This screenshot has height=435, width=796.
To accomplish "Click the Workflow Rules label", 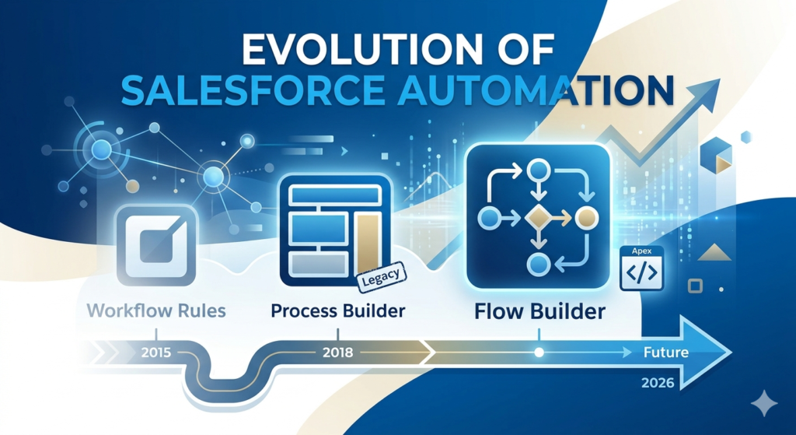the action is tap(156, 310).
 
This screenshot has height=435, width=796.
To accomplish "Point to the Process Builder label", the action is tap(338, 310).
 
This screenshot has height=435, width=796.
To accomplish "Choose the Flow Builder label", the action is tap(539, 311).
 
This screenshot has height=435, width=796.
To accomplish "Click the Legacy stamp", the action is tap(382, 278).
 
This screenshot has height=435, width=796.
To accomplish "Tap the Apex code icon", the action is tap(641, 268).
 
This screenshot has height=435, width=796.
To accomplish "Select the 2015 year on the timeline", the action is tap(156, 352).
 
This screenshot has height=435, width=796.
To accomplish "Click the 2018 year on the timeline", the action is tap(338, 352).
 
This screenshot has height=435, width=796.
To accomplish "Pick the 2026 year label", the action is tap(658, 383).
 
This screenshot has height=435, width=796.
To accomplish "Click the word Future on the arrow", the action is tap(666, 353).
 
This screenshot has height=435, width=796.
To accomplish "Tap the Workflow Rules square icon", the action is tap(157, 245).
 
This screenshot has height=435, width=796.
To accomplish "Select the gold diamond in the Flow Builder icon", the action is tap(539, 219).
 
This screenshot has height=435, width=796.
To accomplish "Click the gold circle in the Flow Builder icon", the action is tap(587, 219).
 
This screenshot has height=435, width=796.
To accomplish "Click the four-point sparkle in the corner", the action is tap(763, 404).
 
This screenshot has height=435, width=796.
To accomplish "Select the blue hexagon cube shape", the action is tap(716, 155).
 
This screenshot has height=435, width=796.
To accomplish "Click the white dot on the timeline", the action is tap(539, 353).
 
